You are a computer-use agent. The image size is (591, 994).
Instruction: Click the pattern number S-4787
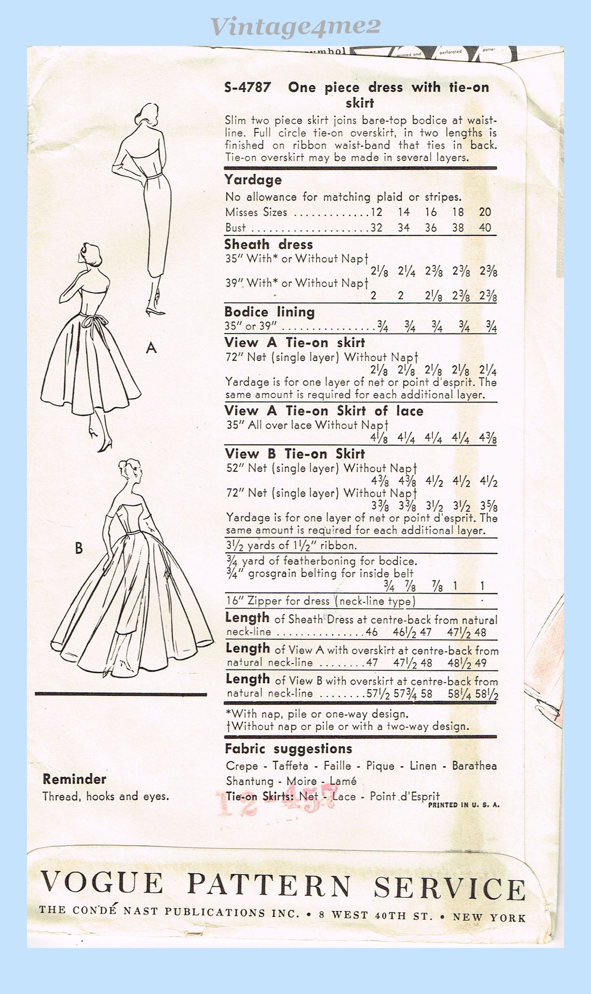coord(247,88)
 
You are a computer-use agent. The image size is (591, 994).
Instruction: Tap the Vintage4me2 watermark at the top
coord(295,26)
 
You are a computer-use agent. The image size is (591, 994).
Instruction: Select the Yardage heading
coord(253,180)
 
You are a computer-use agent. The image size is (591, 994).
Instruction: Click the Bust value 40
coord(485,228)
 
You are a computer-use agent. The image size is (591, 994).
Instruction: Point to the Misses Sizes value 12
coord(376,212)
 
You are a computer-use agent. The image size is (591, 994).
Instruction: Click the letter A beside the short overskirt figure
coord(151,348)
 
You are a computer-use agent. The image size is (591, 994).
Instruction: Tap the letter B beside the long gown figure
coord(79,548)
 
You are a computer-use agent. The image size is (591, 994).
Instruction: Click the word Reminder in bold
coord(74,779)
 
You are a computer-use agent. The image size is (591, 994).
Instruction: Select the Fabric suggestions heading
coord(288,749)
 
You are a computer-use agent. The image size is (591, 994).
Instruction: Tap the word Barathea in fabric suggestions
coord(474,766)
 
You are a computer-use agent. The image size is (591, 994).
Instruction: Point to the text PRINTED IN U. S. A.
coord(463,805)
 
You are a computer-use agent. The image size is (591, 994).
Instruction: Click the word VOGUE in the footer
coord(101,883)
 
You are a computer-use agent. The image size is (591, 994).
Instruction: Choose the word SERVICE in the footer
coord(449,888)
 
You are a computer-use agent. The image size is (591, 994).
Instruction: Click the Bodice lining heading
coord(269,312)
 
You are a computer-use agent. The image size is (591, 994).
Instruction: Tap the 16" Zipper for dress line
coord(320,601)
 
